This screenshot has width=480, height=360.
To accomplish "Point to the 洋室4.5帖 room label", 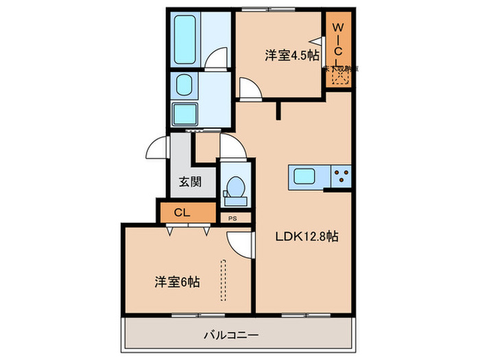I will click(x=292, y=56).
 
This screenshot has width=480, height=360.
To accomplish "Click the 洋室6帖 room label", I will click(x=177, y=281).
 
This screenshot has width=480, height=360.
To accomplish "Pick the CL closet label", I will click(x=182, y=212).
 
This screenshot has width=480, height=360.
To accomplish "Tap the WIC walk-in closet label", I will click(x=338, y=41).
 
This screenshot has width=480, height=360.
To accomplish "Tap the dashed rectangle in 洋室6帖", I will click(x=223, y=280).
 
